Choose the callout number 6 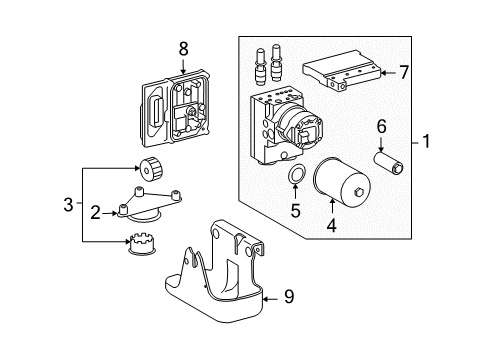coord(381,126)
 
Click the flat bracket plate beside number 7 coord(341,73)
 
